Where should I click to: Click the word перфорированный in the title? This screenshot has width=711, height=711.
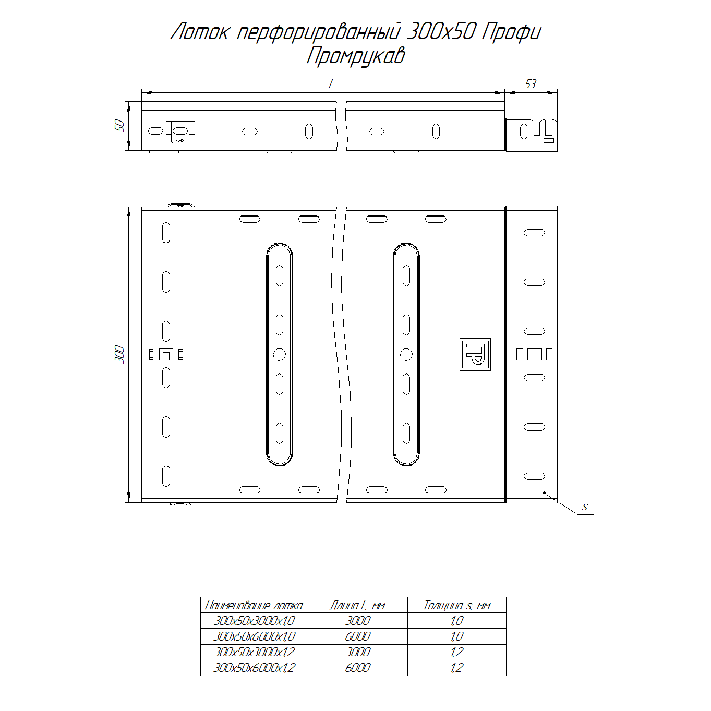(318, 32)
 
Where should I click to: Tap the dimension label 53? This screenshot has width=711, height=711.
(530, 84)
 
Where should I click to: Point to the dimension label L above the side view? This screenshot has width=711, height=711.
(331, 85)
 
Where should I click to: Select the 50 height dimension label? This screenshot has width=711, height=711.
(119, 125)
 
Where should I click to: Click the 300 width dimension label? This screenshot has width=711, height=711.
(119, 354)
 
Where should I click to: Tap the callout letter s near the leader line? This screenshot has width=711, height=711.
(584, 508)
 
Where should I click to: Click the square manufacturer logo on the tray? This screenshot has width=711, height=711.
(475, 354)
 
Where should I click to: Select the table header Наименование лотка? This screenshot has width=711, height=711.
(254, 606)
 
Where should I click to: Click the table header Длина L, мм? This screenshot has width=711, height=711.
(357, 606)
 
